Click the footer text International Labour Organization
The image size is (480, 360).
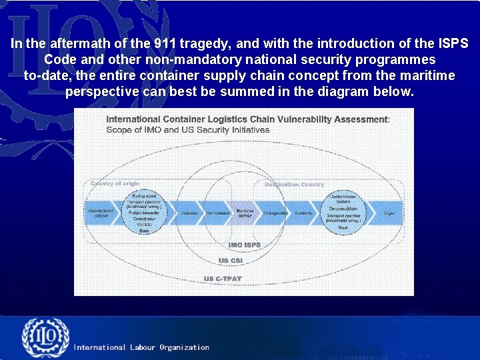141,347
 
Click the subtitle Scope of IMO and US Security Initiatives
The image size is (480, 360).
188,130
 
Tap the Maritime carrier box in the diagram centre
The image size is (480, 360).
245,213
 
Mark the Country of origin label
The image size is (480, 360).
115,184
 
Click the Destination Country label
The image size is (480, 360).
295,185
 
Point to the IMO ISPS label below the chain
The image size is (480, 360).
245,245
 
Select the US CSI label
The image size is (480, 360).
231,261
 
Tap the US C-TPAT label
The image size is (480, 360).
223,279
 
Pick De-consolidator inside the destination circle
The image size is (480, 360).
343,208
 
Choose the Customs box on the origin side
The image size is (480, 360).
189,213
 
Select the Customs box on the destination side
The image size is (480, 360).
303,213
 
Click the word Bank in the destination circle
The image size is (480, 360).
343,228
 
